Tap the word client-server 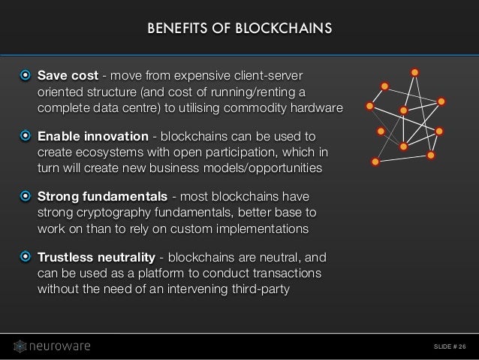(x=275, y=75)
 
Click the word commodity (x=264, y=108)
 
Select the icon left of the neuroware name (x=21, y=346)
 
